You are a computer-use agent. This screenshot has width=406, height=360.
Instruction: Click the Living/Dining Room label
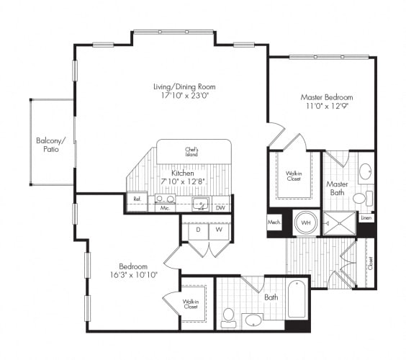(x=184, y=87)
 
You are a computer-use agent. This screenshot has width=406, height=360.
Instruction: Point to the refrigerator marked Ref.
(x=136, y=199)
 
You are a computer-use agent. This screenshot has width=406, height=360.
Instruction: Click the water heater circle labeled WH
(x=305, y=222)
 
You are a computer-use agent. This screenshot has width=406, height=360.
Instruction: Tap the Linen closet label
(x=366, y=217)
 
